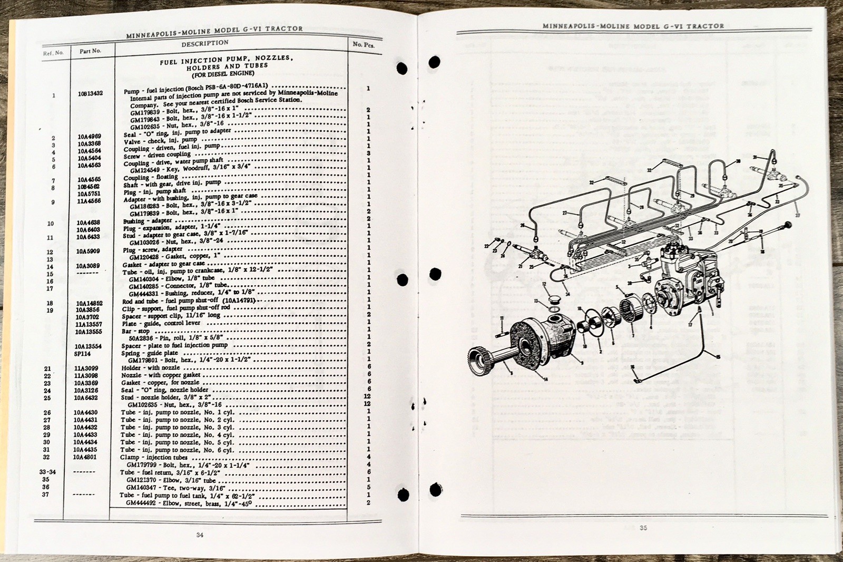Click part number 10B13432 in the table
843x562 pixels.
(90, 94)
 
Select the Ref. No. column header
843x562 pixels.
(53, 53)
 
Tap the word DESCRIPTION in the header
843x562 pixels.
(205, 44)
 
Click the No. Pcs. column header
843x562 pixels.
(363, 45)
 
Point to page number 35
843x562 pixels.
(643, 528)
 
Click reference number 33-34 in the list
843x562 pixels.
(47, 472)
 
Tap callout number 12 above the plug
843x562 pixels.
(544, 285)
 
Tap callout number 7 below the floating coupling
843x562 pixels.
(632, 335)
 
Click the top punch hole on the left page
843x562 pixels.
(401, 68)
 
